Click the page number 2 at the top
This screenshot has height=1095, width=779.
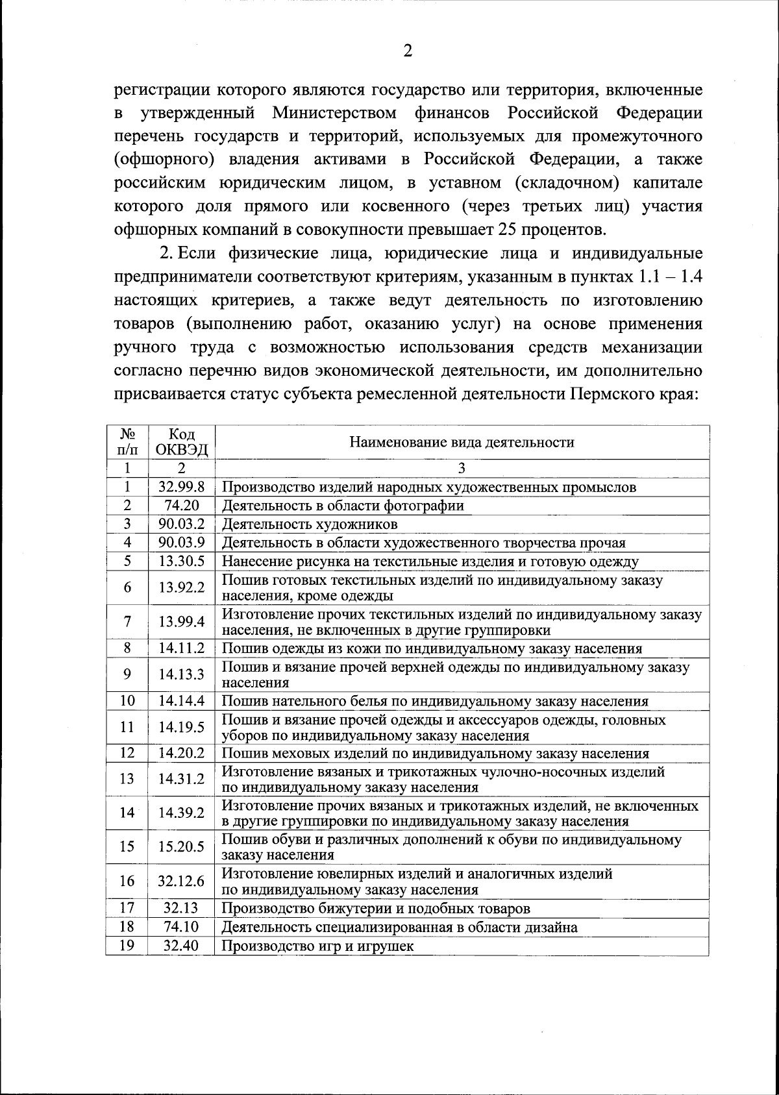(x=408, y=52)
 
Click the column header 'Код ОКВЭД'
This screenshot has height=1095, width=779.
(x=181, y=443)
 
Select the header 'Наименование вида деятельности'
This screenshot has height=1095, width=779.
(x=462, y=443)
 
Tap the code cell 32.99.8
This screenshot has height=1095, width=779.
(x=181, y=487)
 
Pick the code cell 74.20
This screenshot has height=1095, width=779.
(x=181, y=505)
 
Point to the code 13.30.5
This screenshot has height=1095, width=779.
(x=181, y=561)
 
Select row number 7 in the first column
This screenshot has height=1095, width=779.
(x=127, y=622)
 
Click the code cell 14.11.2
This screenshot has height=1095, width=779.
(x=181, y=648)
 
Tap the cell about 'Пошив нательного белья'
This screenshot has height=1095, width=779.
(x=435, y=701)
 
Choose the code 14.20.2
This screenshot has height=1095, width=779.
(x=181, y=753)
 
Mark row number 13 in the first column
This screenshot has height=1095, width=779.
(x=127, y=779)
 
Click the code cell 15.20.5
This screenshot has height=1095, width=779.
(x=181, y=846)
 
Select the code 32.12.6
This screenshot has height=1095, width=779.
(x=181, y=881)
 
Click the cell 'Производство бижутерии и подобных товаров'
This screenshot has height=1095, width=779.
(x=376, y=908)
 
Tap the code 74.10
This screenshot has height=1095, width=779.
(x=181, y=927)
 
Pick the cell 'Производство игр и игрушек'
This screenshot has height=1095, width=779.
(x=317, y=946)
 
